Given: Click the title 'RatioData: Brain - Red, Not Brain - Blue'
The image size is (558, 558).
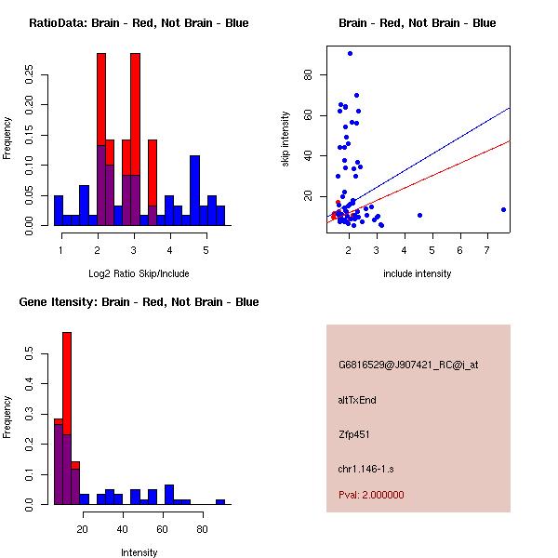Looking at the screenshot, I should coord(139,23).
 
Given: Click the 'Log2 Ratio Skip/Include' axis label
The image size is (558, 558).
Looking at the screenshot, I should coord(139,273).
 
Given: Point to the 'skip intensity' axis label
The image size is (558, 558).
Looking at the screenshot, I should coord(287,139).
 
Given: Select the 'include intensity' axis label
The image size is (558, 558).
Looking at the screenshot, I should coord(418,273).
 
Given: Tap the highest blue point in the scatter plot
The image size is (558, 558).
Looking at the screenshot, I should coord(350,53).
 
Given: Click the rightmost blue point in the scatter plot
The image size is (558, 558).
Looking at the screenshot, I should coord(503,209).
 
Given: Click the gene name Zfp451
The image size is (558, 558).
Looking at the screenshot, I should coord(355,434).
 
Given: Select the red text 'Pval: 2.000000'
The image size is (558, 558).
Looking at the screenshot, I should coord(371,495).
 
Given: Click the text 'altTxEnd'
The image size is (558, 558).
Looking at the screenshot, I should coord(357,400).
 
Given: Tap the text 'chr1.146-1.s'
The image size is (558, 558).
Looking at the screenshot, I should coord(367,468).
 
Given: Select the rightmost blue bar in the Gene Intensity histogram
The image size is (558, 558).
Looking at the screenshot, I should coord(220,501).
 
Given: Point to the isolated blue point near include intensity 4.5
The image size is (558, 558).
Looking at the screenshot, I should coord(419,215).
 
